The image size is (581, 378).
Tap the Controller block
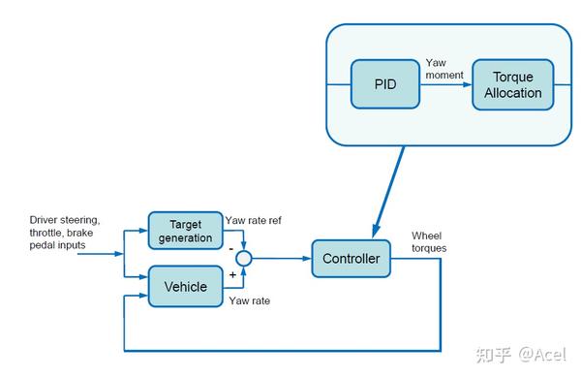click(x=351, y=259)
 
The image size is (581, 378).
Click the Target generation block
click(x=184, y=231)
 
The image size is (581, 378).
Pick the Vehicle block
click(x=184, y=286)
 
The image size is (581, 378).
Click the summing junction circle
click(x=244, y=259)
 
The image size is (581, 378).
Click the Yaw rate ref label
click(x=253, y=219)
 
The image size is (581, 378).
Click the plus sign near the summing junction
click(x=231, y=275)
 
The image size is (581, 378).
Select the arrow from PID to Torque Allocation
click(x=446, y=84)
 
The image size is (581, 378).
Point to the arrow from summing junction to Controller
click(x=282, y=259)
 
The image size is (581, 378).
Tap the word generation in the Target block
click(x=184, y=237)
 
